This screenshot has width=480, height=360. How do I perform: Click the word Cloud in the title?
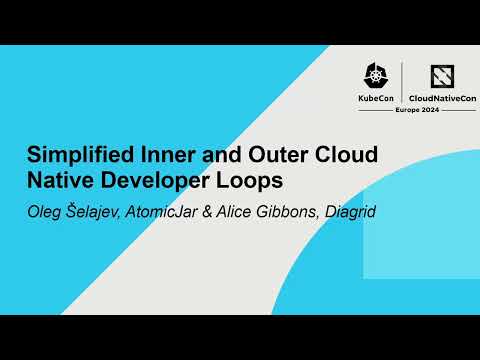pos(320,157)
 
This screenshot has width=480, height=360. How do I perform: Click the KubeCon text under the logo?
pos(375,99)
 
